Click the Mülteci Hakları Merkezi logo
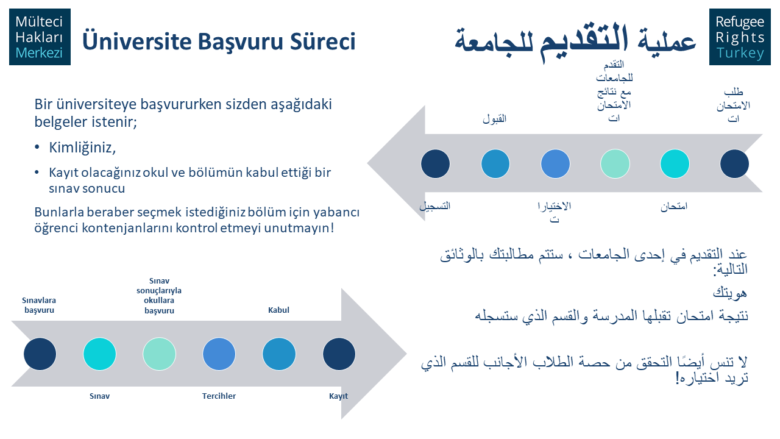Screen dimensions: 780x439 (40, 37)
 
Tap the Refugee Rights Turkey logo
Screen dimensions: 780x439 (740, 37)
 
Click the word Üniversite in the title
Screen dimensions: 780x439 (137, 41)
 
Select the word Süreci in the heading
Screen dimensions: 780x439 (323, 41)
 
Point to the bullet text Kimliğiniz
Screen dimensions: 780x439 (82, 148)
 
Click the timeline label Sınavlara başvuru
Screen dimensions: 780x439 (39, 305)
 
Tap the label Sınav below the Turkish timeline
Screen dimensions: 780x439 (99, 396)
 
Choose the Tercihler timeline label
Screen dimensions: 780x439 (219, 396)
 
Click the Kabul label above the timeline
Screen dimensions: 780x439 (278, 310)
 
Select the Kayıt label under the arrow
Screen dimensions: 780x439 (338, 396)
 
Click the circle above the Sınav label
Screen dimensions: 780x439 (99, 354)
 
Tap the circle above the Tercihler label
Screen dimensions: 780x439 (219, 354)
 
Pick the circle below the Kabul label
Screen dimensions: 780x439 (279, 354)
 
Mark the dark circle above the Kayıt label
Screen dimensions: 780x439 (339, 354)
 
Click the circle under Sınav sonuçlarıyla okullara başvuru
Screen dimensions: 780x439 (159, 354)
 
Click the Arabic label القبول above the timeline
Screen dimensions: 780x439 (494, 119)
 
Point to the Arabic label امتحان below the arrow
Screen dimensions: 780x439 (674, 207)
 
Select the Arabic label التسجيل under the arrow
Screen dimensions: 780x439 (435, 206)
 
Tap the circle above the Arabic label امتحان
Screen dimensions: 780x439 (675, 164)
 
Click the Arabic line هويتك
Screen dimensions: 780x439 (730, 293)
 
